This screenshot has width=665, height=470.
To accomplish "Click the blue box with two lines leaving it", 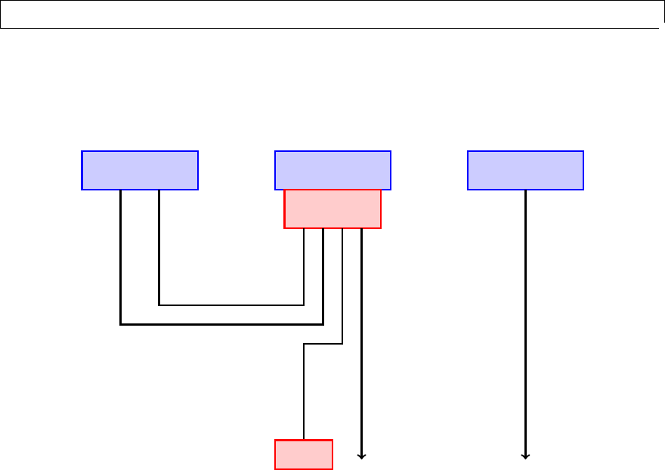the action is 140,170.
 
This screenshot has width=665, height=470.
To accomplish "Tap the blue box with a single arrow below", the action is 525,170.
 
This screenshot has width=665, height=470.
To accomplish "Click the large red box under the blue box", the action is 332,209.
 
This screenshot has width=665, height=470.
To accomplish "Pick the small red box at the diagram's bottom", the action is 303,454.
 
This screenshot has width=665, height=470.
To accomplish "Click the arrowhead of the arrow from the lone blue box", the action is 525,456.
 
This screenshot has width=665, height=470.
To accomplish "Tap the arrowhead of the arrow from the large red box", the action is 362,456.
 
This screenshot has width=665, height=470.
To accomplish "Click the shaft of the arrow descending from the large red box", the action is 362,340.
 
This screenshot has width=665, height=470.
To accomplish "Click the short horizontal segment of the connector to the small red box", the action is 323,344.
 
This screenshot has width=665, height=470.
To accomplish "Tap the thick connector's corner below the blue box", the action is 121,324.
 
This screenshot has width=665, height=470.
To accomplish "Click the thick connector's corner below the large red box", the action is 323,324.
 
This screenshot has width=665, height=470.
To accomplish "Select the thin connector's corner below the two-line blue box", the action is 159,305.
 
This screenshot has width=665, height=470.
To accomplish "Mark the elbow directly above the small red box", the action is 304,344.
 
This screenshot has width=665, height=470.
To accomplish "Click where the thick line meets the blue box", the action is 121,190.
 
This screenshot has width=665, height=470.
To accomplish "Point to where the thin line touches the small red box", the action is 304,439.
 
